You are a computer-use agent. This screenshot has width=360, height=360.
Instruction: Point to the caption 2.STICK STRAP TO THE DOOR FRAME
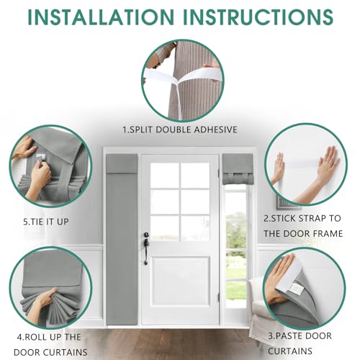point(303,225)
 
